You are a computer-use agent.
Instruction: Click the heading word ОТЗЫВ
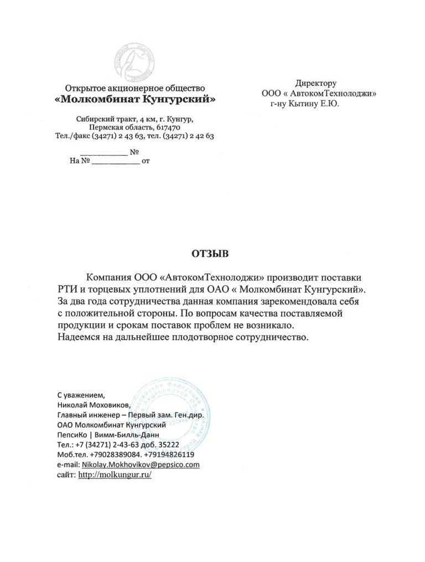click(209, 254)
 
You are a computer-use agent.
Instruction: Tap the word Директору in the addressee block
click(315, 84)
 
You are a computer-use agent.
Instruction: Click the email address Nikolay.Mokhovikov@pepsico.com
click(141, 465)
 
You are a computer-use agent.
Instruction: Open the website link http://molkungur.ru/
click(115, 475)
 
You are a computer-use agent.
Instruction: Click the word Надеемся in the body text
click(79, 337)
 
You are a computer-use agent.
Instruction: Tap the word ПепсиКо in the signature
click(72, 435)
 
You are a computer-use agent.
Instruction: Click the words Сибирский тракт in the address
click(100, 119)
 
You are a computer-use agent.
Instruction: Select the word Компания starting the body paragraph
click(108, 276)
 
